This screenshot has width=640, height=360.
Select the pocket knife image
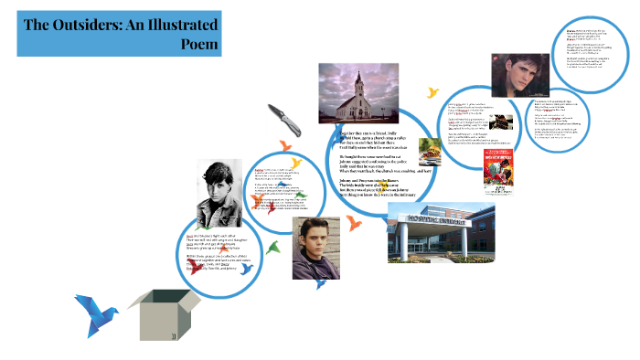(282, 116)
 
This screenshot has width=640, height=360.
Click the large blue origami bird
(99, 312)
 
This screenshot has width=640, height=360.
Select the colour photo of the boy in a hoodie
(315, 247)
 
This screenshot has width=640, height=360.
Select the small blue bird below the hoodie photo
(319, 285)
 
